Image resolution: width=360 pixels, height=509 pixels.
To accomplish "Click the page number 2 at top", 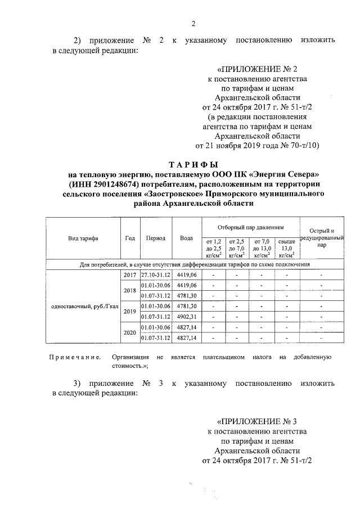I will click(193, 24).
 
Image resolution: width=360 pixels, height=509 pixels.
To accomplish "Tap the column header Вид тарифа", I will click(83, 238).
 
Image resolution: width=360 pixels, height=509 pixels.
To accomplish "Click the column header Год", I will click(129, 238).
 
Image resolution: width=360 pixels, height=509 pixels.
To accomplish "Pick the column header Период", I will click(155, 238).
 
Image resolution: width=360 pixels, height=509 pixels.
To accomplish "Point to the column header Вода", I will click(186, 238).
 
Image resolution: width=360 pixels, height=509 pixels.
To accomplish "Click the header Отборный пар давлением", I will click(250, 227).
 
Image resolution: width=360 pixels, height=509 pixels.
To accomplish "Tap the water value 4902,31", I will click(186, 316).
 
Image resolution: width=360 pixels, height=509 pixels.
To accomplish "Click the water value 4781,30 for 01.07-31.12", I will click(186, 295).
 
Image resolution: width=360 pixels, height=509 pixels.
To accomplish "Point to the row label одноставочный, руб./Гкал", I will click(83, 306).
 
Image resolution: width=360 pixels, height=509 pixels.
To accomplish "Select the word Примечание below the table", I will click(75, 357).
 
